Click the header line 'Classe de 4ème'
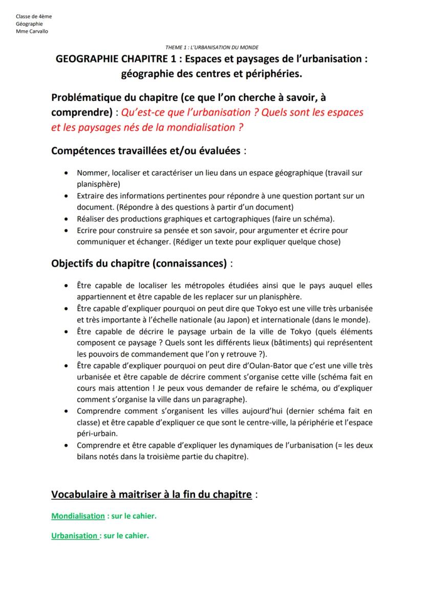34,16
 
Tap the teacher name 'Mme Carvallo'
32,31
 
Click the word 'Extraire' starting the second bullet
90,196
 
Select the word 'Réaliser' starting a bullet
90,218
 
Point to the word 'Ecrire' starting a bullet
87,231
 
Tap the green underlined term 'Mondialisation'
78,516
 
